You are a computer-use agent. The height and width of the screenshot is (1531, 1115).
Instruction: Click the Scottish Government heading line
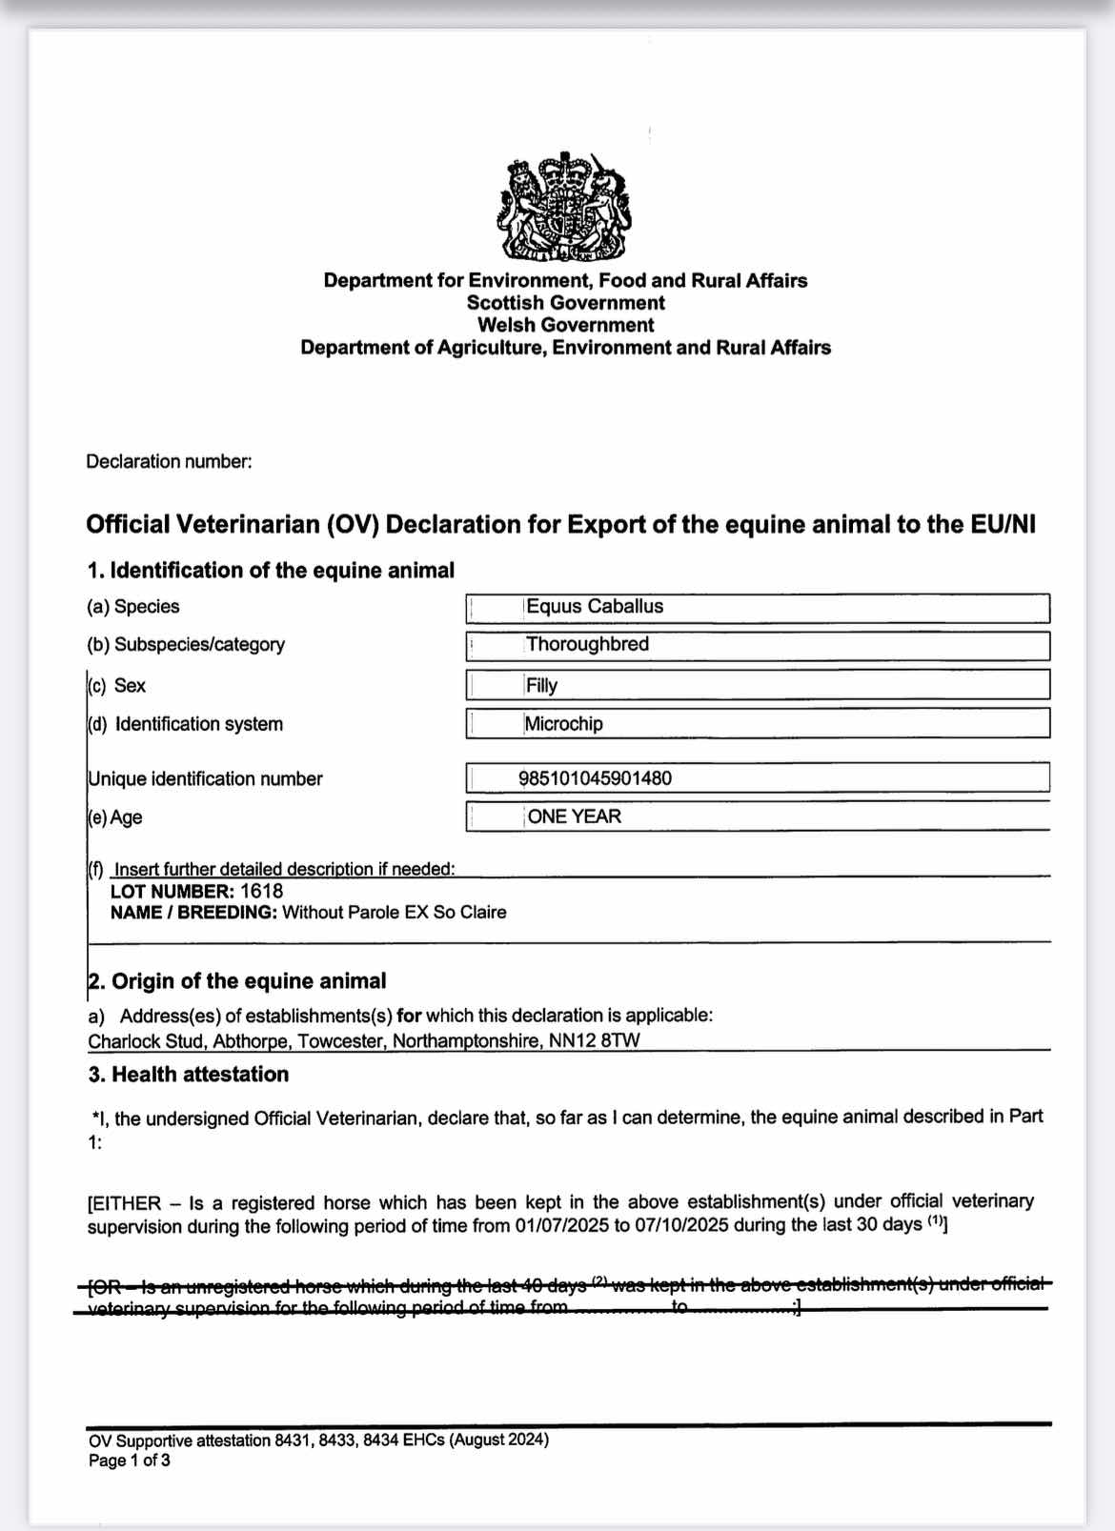[565, 303]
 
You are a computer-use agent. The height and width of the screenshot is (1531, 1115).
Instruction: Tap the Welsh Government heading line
[565, 325]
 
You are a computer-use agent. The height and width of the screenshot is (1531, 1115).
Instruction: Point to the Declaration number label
[169, 462]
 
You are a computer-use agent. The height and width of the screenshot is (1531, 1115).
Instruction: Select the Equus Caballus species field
[595, 607]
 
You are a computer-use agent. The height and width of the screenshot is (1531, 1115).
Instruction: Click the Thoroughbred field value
[587, 645]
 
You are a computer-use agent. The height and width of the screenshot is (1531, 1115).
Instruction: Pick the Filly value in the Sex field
[541, 685]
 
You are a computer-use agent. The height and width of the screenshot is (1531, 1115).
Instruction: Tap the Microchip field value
[563, 724]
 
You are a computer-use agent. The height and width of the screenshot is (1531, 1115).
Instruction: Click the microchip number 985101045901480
[595, 778]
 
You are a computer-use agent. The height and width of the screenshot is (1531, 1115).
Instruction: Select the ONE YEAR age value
[574, 816]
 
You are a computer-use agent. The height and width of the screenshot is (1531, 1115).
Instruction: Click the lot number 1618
[262, 892]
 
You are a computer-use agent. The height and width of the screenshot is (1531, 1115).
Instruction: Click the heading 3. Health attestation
[189, 1075]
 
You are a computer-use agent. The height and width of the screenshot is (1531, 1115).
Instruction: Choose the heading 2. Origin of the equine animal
[237, 981]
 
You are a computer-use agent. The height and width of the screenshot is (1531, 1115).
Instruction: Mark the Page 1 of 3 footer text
[130, 1460]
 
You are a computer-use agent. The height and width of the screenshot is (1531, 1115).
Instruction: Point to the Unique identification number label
[205, 779]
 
